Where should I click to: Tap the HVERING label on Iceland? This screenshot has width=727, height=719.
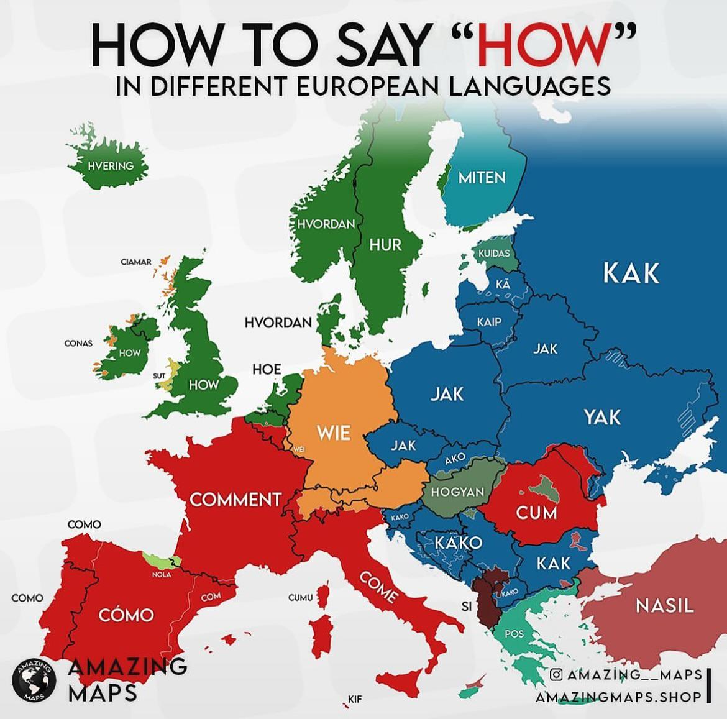coord(111,166)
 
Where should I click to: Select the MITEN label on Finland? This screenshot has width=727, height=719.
coord(482,178)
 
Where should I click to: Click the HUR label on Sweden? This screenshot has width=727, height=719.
coord(385,244)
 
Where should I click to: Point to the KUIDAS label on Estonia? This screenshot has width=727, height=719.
coord(494,254)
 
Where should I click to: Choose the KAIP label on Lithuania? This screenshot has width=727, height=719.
coord(489,322)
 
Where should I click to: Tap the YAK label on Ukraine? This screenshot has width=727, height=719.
coord(601,416)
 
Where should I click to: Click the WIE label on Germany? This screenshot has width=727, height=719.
coord(334,433)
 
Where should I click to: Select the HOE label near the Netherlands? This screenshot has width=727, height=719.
coord(267,369)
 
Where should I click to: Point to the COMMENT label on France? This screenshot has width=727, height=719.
coord(235,500)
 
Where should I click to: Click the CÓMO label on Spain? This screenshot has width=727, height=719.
coord(126,615)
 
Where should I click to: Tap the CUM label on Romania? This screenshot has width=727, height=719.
coord(537,513)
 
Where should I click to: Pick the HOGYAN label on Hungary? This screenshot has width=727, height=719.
coord(457,492)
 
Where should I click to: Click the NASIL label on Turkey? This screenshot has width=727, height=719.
coord(664,605)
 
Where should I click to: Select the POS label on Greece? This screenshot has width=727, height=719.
coord(514,634)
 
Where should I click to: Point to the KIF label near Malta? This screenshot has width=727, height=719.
coord(355,699)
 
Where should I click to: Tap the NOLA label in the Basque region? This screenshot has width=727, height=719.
coord(162,575)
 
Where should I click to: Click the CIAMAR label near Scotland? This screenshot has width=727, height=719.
coord(136,262)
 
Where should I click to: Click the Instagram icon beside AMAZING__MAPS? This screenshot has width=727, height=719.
coord(557,674)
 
